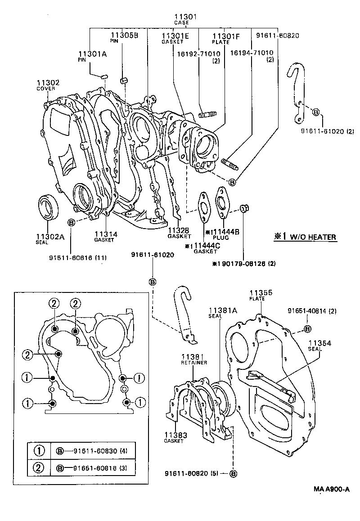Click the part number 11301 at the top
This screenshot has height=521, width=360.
pos(186,17)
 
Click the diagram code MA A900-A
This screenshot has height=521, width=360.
pos(332,490)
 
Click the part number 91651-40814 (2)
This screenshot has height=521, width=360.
pos(312,311)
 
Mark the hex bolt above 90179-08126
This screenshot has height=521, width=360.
pos(244,208)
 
